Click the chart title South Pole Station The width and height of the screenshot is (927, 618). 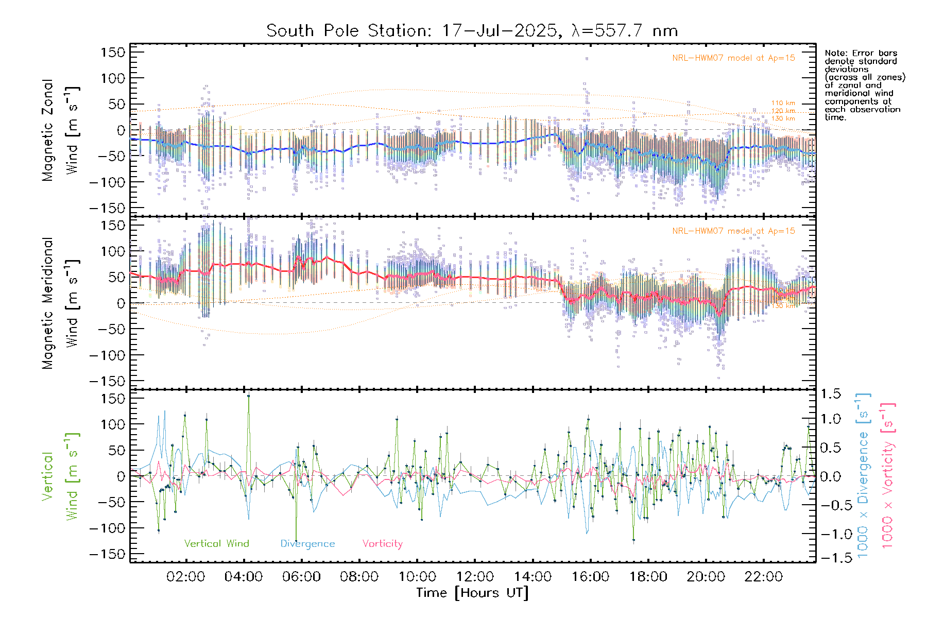point(471,31)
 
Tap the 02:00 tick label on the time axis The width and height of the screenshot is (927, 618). point(186,576)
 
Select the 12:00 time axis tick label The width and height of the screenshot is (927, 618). point(475,576)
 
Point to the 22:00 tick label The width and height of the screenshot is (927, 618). point(763,576)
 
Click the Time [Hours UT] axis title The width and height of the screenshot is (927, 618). point(472,593)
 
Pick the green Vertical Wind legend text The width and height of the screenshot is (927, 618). point(216,543)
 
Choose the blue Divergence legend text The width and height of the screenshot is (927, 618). point(307,543)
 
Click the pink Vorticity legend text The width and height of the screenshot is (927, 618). point(382,543)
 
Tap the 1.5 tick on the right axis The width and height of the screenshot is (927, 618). point(830,394)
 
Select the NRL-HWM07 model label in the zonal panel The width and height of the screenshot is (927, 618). point(733,58)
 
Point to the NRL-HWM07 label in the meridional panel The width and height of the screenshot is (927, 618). point(733,231)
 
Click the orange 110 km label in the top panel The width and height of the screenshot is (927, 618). point(783,103)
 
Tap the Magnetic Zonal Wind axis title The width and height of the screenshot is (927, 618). point(60,130)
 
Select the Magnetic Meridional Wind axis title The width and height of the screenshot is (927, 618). point(60,303)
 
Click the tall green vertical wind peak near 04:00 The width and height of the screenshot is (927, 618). point(248,396)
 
